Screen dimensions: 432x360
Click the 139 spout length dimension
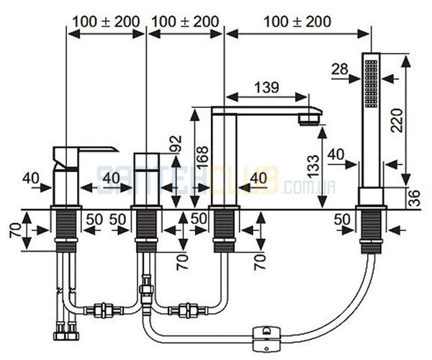point(266,88)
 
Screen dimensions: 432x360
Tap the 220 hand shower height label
point(397,120)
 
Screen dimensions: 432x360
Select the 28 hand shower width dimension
point(340,69)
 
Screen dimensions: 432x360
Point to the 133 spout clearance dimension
point(313,166)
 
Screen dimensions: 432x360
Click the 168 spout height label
point(203,157)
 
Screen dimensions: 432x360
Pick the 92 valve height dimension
point(176,143)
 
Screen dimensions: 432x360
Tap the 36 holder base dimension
point(414,198)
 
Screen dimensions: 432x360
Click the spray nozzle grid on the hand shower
point(371,84)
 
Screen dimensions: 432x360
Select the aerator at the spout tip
point(309,120)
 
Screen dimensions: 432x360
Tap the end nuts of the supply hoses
point(66,332)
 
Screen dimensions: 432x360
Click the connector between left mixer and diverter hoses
point(104,310)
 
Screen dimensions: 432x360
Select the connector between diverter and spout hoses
point(188,310)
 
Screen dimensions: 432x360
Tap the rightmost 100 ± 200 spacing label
point(297,22)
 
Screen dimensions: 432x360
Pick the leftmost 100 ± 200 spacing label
point(106,22)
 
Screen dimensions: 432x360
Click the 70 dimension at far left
point(15,230)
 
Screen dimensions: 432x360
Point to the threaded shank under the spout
point(224,231)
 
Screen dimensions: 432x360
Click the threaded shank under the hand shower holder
point(372,231)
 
